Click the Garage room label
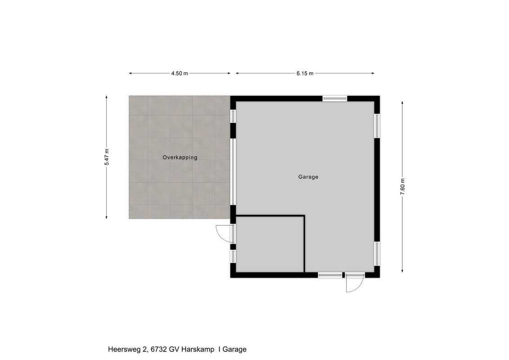coord(308,177)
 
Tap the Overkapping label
coord(180,157)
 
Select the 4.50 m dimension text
coord(180,73)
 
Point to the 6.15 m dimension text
coord(305,73)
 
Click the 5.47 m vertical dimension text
coord(107,157)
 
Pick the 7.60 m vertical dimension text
coord(402,187)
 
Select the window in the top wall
coord(335,99)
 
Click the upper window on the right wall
coord(377,126)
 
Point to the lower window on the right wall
coord(377,253)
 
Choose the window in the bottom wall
coord(330,275)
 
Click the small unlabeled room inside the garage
coord(270,244)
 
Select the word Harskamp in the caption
coord(198,350)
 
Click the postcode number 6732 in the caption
coord(159,350)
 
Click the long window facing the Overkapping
coord(233,172)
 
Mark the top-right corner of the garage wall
coord(379,96)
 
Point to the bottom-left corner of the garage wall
coord(230,278)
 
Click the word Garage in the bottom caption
coord(234,350)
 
